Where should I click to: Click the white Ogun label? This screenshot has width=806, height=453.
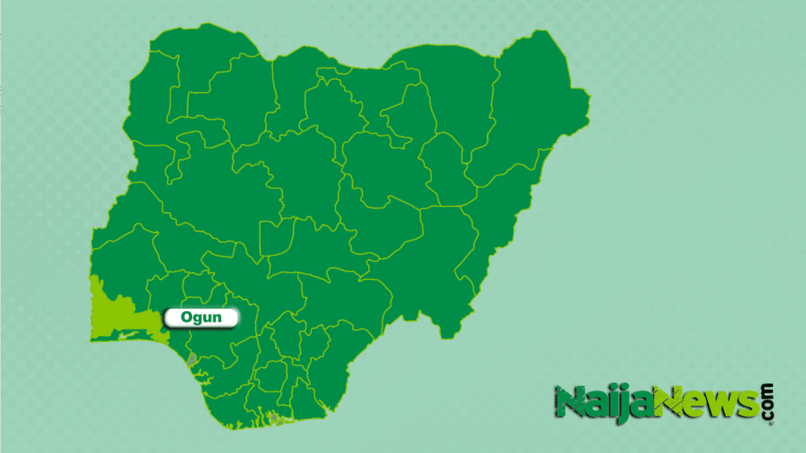click(x=200, y=318)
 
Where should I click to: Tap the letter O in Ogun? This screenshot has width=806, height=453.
click(x=187, y=318)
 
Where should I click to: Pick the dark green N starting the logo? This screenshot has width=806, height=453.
click(x=568, y=403)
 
